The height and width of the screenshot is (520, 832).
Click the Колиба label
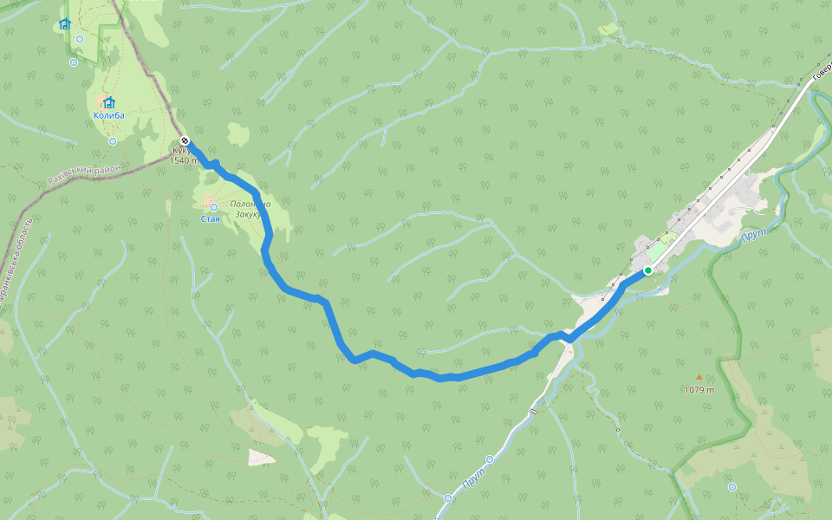109,115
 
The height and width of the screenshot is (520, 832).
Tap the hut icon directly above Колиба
109,103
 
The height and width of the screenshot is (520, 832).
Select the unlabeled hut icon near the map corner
64,23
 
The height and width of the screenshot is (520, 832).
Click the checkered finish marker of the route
185,141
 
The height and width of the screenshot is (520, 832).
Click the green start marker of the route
647,270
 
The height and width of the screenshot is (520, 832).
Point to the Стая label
211,218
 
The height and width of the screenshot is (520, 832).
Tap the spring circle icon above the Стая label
213,207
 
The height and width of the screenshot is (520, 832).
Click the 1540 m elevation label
185,160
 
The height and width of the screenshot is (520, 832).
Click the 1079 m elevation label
699,390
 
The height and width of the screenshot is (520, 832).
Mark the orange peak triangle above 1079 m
699,377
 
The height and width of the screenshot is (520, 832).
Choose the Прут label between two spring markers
472,478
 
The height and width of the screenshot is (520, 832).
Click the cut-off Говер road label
821,76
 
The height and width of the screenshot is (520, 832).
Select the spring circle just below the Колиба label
113,140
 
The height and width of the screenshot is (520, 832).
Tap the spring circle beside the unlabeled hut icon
80,39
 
